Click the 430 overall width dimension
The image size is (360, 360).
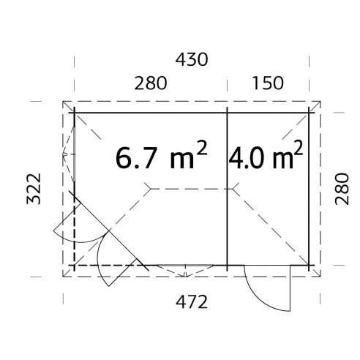pyautogui.click(x=192, y=60)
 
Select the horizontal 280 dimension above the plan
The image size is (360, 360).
pyautogui.click(x=151, y=83)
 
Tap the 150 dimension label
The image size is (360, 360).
pyautogui.click(x=268, y=83)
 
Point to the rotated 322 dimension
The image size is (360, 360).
pyautogui.click(x=34, y=189)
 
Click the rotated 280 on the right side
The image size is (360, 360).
pyautogui.click(x=342, y=189)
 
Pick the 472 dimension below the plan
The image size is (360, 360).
pyautogui.click(x=192, y=301)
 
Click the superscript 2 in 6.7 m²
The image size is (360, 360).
pyautogui.click(x=202, y=149)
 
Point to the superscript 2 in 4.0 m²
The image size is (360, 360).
pyautogui.click(x=299, y=148)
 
